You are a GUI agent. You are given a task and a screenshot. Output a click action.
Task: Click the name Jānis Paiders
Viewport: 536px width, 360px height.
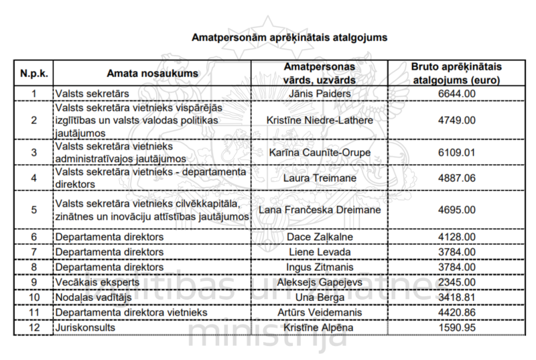319,93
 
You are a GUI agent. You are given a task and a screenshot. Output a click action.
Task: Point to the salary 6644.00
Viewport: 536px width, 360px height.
456,93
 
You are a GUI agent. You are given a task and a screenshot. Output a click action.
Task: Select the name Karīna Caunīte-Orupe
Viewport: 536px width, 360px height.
319,152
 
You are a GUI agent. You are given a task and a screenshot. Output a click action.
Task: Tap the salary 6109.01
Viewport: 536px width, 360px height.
456,152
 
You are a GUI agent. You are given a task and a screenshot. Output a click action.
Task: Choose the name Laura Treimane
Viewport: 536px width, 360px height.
319,178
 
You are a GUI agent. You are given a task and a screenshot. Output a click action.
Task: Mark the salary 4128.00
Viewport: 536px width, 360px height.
456,237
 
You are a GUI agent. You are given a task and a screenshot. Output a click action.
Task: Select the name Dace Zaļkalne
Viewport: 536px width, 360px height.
319,237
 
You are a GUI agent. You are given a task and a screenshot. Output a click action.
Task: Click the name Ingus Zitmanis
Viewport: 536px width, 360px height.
319,267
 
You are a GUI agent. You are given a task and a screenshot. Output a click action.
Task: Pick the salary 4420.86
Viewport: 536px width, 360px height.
456,312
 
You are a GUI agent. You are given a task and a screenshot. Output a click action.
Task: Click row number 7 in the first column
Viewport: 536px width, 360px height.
33,252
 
